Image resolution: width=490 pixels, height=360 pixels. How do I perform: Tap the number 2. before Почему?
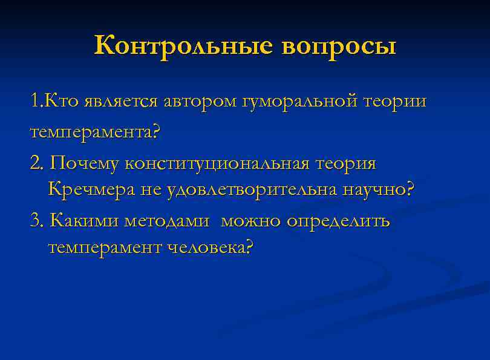(36, 163)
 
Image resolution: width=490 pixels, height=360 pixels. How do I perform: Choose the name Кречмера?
(91, 190)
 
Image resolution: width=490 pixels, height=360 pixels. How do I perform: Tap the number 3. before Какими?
(36, 221)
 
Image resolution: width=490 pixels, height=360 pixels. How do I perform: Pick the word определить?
(339, 221)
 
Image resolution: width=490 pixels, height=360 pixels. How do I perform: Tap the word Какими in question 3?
(84, 221)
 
